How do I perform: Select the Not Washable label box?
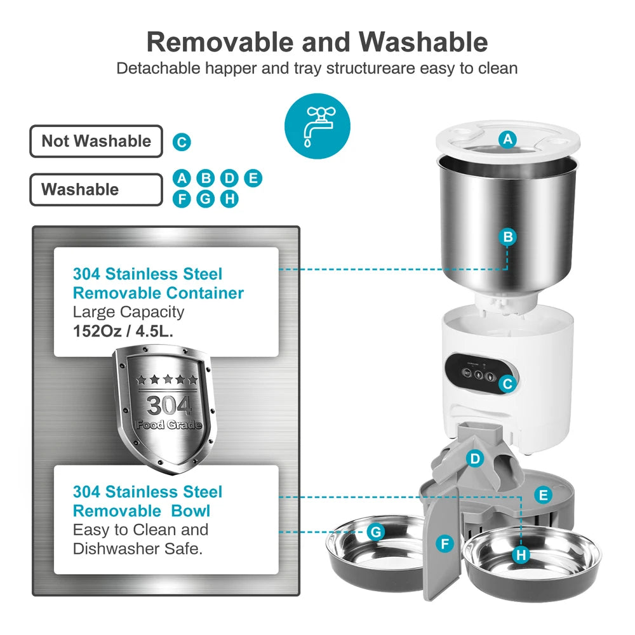(x=96, y=141)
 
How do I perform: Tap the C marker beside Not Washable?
(x=182, y=142)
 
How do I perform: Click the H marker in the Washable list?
(x=229, y=199)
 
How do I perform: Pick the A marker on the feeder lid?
(x=507, y=139)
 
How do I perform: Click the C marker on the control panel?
(x=506, y=383)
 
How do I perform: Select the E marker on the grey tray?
(x=542, y=495)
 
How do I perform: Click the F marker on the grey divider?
(x=445, y=544)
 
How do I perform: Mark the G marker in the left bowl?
(x=376, y=531)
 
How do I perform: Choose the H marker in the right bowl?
(x=521, y=555)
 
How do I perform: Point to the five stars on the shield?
(x=167, y=380)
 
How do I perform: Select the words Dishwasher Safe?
(x=138, y=549)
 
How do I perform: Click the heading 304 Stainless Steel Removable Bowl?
(x=147, y=501)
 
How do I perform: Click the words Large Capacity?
(x=128, y=312)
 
